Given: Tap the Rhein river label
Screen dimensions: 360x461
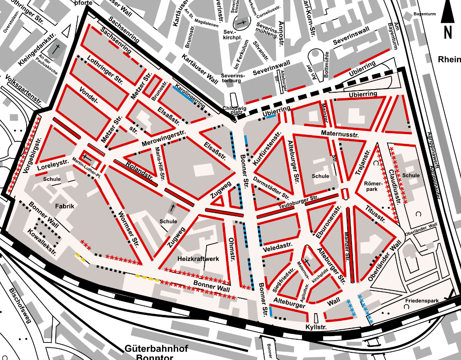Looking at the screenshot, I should pos(449,59).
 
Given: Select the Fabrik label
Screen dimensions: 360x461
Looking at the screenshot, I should pos(64,206).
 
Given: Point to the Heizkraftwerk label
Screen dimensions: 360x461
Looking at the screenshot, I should pos(198,259).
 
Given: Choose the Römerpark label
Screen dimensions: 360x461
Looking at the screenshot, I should pos(376,186).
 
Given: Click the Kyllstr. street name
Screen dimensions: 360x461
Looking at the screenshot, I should pos(316,327).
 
